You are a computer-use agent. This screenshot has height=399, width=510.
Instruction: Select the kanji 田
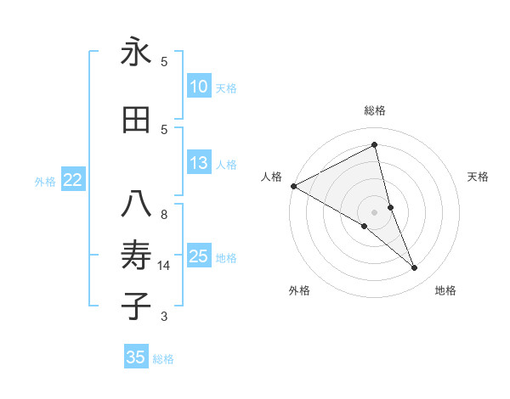click(x=136, y=121)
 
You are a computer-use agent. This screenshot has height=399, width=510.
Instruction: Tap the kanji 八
click(x=136, y=205)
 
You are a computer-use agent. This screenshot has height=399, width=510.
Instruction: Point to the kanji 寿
click(x=136, y=256)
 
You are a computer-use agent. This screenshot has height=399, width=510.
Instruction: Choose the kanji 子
click(x=136, y=306)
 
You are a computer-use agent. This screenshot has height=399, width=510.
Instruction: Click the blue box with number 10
click(x=198, y=87)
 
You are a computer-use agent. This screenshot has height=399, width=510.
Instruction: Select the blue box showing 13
click(x=198, y=163)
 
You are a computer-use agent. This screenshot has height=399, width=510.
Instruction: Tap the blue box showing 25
click(x=198, y=256)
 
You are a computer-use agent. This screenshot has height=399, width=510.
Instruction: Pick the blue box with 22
click(x=73, y=180)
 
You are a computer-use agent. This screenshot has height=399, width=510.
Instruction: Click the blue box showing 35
click(x=136, y=357)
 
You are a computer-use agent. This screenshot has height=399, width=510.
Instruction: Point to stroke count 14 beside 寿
click(x=164, y=266)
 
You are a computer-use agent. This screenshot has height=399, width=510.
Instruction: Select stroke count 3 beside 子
click(x=164, y=317)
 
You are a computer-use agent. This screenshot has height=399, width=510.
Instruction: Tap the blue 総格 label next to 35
click(x=163, y=359)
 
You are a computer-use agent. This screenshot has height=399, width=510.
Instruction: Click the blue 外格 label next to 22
click(x=45, y=181)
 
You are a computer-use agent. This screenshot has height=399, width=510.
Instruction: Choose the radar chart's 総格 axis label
click(x=375, y=110)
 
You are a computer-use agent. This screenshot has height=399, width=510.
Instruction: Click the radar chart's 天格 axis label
click(x=479, y=177)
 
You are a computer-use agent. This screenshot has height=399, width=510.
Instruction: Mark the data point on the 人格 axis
click(x=293, y=185)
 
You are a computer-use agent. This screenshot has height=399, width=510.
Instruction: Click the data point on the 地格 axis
click(x=415, y=268)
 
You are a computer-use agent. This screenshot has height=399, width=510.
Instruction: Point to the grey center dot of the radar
click(x=374, y=211)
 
